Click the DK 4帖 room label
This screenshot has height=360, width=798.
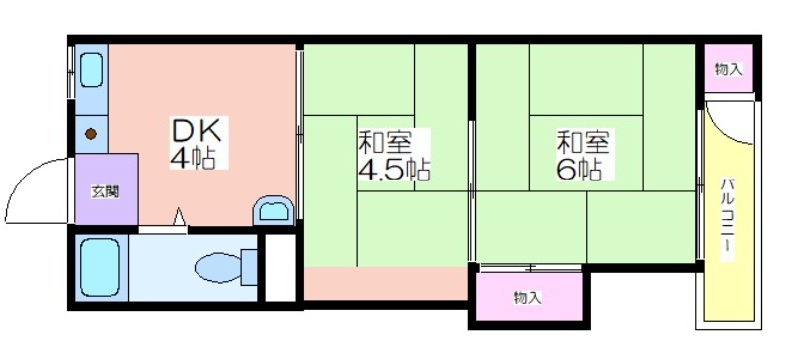click(x=196, y=145)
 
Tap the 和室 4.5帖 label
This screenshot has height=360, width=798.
click(x=394, y=156)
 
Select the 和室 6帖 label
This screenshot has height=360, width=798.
click(x=583, y=156)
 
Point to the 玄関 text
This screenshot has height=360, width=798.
click(x=106, y=192)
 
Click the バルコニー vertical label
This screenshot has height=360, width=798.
click(x=728, y=218)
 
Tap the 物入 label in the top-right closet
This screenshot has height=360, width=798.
click(x=729, y=69)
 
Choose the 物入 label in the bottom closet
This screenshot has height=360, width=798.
click(x=528, y=298)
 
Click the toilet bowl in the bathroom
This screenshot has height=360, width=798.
click(x=218, y=268)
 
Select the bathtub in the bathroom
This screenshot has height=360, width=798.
click(x=100, y=267)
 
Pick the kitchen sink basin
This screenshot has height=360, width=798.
click(x=92, y=71)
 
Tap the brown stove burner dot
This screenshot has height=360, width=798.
click(x=91, y=134)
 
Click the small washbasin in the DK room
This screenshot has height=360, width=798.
click(x=274, y=211)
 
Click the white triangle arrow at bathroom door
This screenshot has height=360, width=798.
click(x=179, y=217)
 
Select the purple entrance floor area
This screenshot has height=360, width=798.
click(x=106, y=188)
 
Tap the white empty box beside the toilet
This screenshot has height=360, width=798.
click(x=281, y=268)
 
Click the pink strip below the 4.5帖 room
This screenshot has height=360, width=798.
click(x=385, y=284)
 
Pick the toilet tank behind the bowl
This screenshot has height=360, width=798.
click(x=249, y=267)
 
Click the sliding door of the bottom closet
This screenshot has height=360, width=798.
click(x=531, y=267)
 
